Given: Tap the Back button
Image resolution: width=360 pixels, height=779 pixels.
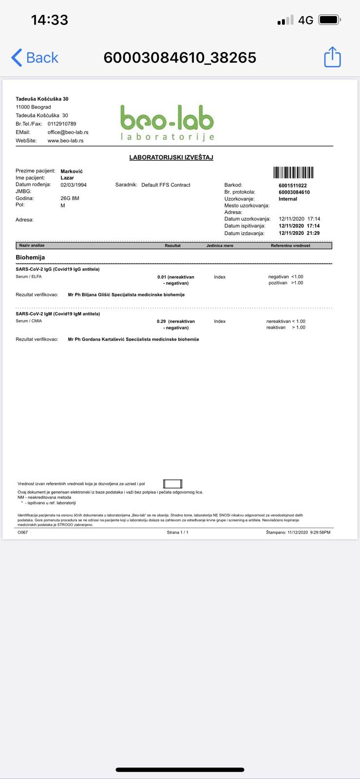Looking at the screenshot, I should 35,57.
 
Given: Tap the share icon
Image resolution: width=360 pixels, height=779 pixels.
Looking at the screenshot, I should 332,57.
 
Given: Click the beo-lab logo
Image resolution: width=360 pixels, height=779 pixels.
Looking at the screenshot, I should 167,122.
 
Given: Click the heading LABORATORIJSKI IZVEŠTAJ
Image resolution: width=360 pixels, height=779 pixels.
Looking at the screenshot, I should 171,157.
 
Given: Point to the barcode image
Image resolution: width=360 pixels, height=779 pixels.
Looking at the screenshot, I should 293,172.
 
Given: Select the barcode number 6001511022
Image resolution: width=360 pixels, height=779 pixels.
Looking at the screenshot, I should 292,185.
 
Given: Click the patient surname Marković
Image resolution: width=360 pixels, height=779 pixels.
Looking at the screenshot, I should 72,171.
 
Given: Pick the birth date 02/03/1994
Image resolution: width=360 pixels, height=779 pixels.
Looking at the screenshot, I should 74,185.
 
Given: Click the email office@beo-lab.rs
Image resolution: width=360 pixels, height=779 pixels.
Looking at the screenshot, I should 68,132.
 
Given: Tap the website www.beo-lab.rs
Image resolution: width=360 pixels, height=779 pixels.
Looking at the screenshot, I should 65,141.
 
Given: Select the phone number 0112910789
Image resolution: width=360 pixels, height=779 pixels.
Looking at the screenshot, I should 62,124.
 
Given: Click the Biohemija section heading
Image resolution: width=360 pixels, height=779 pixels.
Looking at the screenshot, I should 30,257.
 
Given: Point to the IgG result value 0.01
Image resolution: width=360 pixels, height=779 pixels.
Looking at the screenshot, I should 162,277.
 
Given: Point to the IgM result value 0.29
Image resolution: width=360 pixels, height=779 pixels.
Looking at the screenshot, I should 161,321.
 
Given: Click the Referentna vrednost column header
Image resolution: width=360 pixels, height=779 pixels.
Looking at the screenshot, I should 290,245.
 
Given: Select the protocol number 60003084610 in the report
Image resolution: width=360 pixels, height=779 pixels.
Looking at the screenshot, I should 294,192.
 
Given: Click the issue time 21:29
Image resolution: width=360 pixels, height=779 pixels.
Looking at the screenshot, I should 313,233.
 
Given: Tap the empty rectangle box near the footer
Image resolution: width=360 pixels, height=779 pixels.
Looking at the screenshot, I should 172,483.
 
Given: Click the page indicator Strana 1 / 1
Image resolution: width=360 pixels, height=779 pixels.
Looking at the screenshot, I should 177,532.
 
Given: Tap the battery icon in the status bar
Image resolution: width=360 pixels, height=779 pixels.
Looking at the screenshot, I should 329,20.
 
